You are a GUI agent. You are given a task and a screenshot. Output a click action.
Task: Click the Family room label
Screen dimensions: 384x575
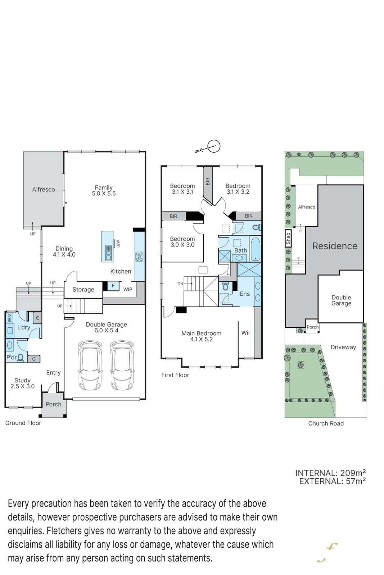coord(104,190)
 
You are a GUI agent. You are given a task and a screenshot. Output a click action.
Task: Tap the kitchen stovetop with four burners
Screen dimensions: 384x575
coord(139,257)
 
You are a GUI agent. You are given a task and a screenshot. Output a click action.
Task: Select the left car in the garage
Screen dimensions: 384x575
coord(90,365)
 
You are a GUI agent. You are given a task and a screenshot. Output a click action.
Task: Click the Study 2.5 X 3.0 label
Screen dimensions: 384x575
coord(22,383)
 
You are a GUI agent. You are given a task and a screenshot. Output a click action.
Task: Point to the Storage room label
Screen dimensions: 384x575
coord(83,290)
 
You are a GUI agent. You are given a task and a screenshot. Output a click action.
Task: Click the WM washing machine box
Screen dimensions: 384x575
coord(9,318)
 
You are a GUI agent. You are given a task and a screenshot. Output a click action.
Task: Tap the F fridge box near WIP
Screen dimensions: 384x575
coord(113,286)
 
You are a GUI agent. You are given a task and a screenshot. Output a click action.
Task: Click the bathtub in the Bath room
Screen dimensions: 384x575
coord(256,249)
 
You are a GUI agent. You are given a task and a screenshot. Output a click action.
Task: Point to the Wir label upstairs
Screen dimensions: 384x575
coord(246,333)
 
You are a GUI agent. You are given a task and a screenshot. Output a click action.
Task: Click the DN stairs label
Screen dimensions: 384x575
coord(180,284)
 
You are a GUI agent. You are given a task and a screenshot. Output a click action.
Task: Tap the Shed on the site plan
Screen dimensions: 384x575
coord(288,238)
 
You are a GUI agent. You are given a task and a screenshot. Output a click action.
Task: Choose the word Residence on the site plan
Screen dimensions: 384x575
coord(335,246)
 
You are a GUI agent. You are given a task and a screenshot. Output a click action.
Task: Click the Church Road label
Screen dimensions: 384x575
coord(326,423)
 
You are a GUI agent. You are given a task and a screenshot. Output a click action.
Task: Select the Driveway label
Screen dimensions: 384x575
coord(343,347)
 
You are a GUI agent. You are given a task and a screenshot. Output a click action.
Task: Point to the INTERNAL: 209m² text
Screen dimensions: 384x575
coord(330,473)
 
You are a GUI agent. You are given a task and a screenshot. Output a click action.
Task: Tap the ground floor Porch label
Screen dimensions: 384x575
coord(54,404)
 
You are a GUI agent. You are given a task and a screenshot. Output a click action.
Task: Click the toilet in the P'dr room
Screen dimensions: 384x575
coord(21,358)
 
